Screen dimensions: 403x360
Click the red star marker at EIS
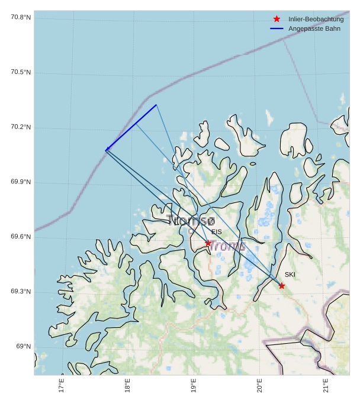(208, 243)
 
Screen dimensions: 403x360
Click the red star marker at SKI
(282, 286)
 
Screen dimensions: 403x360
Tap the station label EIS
(217, 232)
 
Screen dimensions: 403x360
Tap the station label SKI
(290, 275)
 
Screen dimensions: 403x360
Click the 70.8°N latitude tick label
(21, 17)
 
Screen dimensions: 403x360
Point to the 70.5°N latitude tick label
(21, 72)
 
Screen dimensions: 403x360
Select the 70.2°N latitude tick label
(21, 127)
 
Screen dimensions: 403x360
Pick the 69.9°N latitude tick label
(21, 182)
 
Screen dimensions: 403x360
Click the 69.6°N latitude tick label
(21, 237)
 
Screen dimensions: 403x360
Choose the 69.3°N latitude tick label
(21, 292)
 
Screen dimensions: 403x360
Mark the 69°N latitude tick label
(24, 346)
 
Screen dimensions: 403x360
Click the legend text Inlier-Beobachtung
(316, 19)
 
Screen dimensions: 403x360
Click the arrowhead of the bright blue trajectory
(107, 149)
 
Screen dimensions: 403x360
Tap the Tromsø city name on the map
(190, 221)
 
